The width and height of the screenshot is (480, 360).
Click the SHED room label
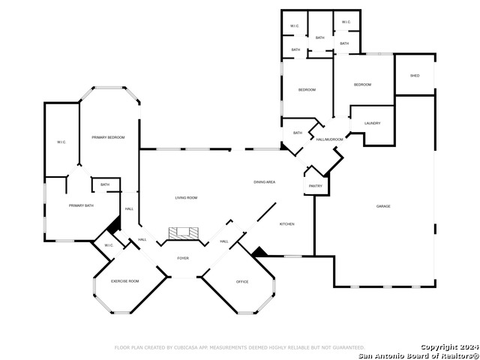[415, 76]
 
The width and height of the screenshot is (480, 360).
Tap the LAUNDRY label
[372, 123]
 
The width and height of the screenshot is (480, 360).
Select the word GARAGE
[383, 206]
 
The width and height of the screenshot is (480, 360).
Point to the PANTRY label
[316, 186]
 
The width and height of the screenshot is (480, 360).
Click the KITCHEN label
[287, 224]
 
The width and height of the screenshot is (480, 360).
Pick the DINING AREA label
[265, 182]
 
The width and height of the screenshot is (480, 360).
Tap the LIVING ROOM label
[186, 197]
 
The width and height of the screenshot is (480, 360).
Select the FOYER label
[183, 258]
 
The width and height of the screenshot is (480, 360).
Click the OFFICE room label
[242, 282]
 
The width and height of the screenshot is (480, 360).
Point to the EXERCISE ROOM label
[125, 280]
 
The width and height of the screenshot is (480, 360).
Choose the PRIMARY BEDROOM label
[108, 137]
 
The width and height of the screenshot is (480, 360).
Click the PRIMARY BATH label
[81, 205]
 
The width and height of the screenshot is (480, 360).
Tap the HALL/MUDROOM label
[329, 139]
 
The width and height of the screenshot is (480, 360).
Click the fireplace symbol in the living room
[183, 234]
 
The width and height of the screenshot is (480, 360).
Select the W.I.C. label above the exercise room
[108, 245]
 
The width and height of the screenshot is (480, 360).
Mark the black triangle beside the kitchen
[259, 253]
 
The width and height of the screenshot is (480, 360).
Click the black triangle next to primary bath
[115, 224]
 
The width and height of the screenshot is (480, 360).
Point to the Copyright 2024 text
[448, 346]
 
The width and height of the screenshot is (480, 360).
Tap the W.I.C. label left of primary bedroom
[61, 142]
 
